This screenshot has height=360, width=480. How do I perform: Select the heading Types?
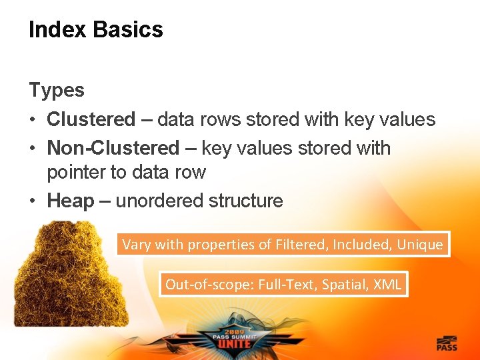pyautogui.click(x=57, y=90)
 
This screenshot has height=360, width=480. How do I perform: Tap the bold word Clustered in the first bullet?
pyautogui.click(x=91, y=120)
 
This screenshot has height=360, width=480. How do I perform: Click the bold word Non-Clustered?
pyautogui.click(x=113, y=148)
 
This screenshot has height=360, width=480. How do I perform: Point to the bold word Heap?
pyautogui.click(x=71, y=201)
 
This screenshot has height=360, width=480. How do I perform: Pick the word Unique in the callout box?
pyautogui.click(x=419, y=245)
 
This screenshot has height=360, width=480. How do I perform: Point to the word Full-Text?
pyautogui.click(x=286, y=285)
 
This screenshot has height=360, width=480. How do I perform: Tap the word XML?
pyautogui.click(x=387, y=285)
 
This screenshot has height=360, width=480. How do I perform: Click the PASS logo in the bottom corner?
pyautogui.click(x=446, y=343)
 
